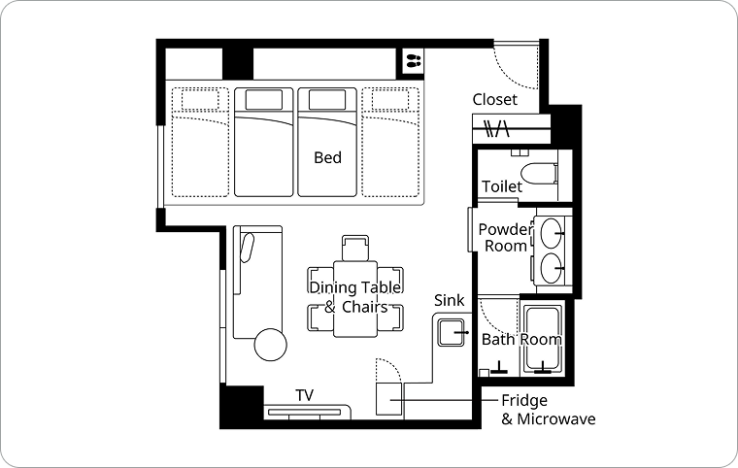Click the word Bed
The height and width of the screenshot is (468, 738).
[x=327, y=157]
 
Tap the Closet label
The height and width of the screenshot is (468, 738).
[x=494, y=99]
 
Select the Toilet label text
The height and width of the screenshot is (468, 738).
[x=502, y=186]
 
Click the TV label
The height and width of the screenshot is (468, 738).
[x=305, y=395]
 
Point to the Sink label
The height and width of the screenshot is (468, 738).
[x=449, y=300]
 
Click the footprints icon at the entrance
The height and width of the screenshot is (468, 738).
[x=414, y=61]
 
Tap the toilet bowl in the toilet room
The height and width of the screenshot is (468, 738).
[x=538, y=174]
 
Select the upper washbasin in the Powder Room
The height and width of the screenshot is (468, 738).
[x=551, y=233]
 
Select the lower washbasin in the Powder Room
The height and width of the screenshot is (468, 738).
[x=551, y=268]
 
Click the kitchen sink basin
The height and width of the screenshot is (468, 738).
[x=451, y=332]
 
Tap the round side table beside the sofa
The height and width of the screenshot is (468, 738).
[x=271, y=344]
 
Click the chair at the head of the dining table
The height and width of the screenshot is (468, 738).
[x=355, y=248]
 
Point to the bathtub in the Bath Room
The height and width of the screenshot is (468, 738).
[x=543, y=339]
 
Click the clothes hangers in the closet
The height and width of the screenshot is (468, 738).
[x=497, y=128]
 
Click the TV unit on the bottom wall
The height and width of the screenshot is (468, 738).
[x=307, y=412]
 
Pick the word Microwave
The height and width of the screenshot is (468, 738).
[x=555, y=418]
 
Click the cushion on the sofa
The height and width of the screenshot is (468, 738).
[x=247, y=248]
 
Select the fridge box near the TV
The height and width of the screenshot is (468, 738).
[x=389, y=399]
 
